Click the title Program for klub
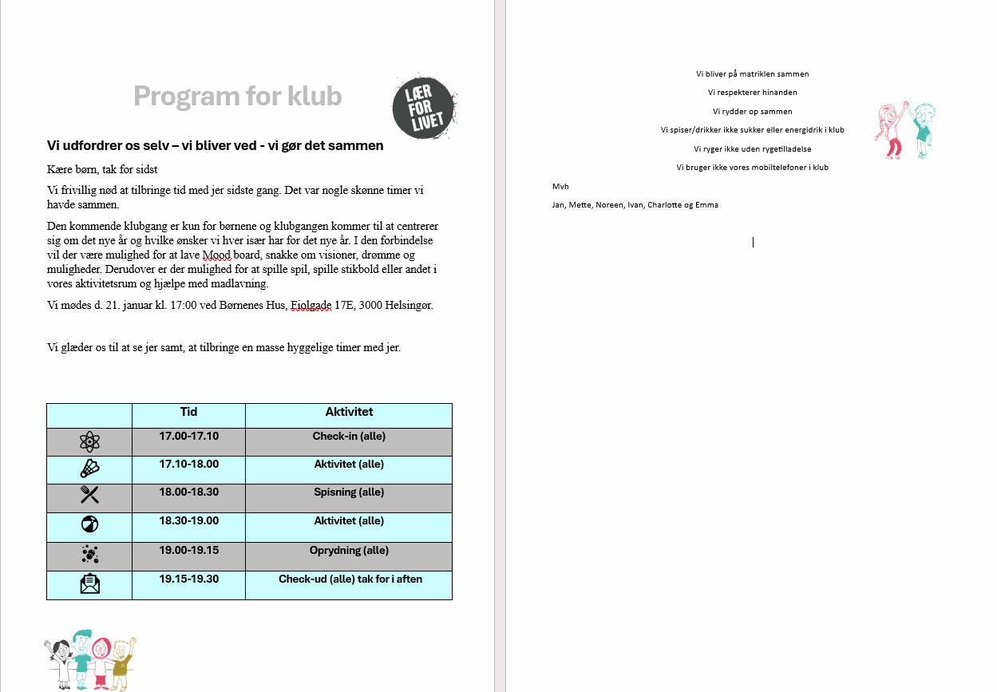coord(238,96)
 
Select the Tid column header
coord(188,413)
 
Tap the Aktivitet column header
coord(349,413)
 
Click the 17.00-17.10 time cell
coord(188,437)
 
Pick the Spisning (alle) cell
coord(349,492)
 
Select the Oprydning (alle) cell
coord(349,551)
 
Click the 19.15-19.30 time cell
coord(188,579)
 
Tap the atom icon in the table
coord(89,441)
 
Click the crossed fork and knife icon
coord(89,495)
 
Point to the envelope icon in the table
coord(89,584)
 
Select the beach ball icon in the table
coord(89,525)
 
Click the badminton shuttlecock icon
coord(89,469)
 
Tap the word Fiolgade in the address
coord(311,306)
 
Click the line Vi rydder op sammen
coord(752,112)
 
